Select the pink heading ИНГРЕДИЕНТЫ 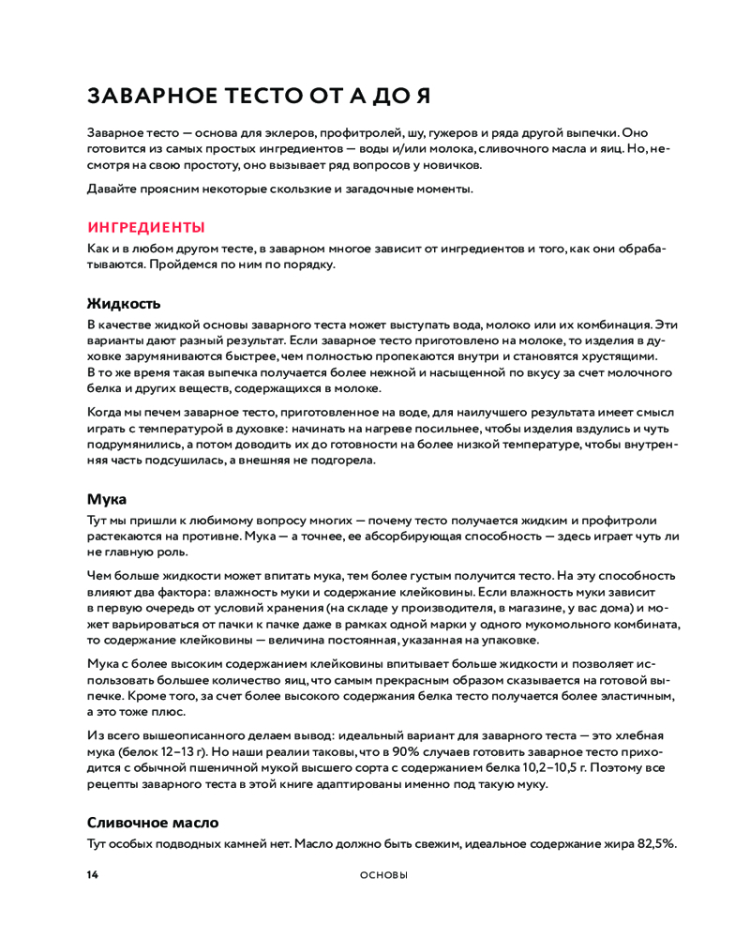pos(145,227)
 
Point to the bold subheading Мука pos(107,499)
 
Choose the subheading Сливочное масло pos(153,822)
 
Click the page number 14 pos(92,875)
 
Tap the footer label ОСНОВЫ pos(384,875)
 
